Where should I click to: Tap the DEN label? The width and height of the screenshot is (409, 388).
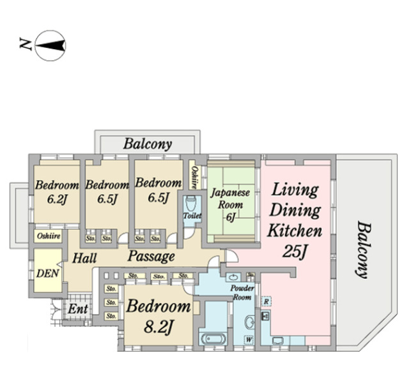(x=45, y=272)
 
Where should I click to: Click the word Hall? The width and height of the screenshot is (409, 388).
(x=84, y=258)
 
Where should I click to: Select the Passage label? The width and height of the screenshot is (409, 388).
(x=151, y=257)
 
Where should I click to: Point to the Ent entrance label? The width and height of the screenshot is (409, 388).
(x=79, y=309)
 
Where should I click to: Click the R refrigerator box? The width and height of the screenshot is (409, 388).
(x=266, y=301)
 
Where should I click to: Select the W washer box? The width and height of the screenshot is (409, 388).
(x=248, y=339)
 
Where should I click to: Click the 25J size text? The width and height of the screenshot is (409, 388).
(x=296, y=251)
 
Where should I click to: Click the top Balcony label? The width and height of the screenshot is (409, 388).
(x=148, y=144)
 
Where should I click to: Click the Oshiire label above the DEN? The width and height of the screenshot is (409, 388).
(x=48, y=235)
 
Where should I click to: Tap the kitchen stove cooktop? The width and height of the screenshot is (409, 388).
(x=266, y=316)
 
